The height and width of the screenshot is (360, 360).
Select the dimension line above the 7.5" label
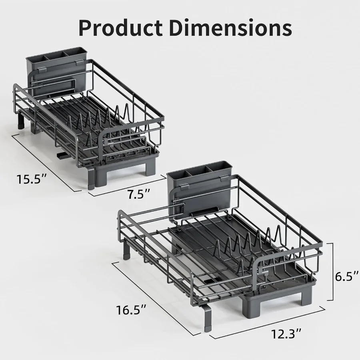(x=127, y=185)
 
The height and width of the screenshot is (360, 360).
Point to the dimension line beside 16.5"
(x=156, y=298)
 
